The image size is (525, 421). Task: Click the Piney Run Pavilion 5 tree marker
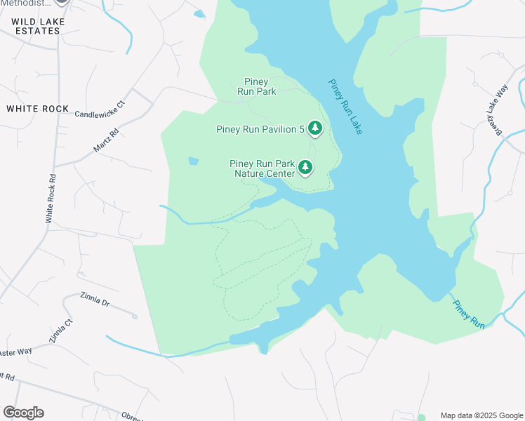[315, 128]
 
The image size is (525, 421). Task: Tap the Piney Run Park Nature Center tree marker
[305, 167]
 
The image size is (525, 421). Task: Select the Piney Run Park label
[256, 86]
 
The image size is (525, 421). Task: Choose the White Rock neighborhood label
[37, 109]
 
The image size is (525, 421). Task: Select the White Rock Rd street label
[50, 199]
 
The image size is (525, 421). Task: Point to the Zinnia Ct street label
[60, 330]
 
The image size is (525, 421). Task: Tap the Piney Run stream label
[469, 314]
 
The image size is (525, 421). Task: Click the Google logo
[23, 412]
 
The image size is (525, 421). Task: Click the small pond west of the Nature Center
[193, 161]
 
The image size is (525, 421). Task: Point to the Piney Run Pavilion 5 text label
[260, 128]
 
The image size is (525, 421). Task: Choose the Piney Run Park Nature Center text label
[262, 168]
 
